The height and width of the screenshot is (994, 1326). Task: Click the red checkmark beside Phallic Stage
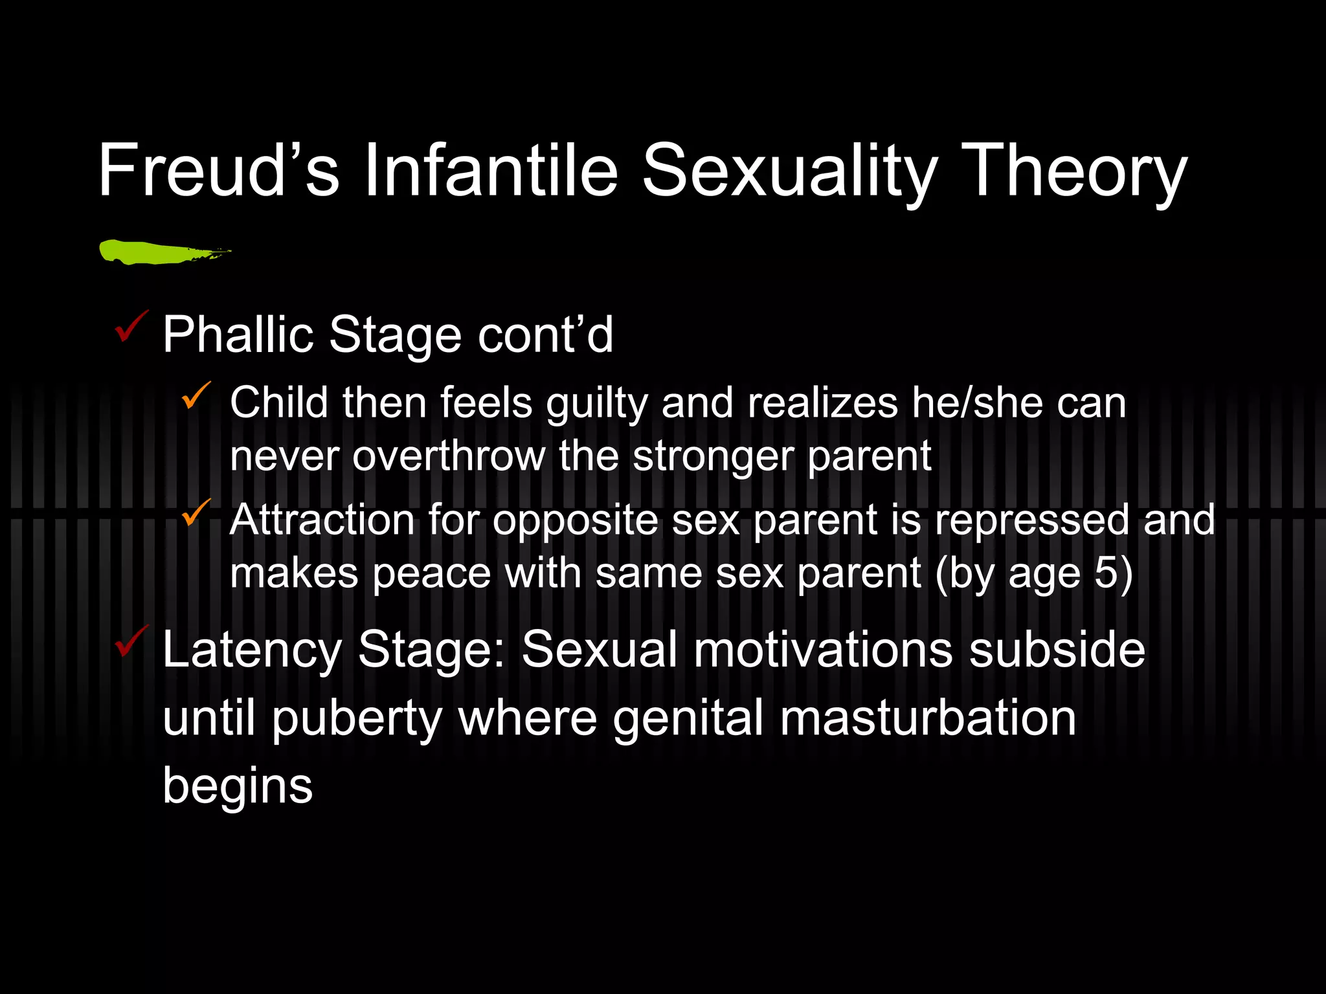[x=131, y=327]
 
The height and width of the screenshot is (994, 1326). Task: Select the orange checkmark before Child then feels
[x=196, y=395]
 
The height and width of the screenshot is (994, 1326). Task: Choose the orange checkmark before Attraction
[x=196, y=513]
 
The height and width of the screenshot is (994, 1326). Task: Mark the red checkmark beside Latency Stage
[x=131, y=641]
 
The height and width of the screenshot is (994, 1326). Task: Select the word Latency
[x=252, y=650]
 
